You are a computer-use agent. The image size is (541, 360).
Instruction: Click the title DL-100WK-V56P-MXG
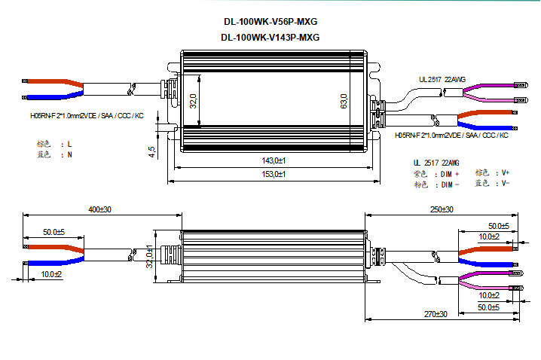coord(270,21)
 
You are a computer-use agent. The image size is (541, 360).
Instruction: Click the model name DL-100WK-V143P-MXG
coord(270,37)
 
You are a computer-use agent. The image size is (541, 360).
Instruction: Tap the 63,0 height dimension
coord(344,100)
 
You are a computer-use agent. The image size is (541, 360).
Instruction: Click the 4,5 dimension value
coord(153,151)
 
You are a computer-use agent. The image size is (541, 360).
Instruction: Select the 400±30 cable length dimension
coord(99,209)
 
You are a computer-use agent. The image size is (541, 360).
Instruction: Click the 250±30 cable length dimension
coord(442,209)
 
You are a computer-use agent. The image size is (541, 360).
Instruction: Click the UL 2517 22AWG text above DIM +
coord(436,162)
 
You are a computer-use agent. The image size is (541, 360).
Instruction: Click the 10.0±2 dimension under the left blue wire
coord(52,274)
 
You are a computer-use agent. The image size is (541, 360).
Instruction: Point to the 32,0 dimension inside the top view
coord(193,100)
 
